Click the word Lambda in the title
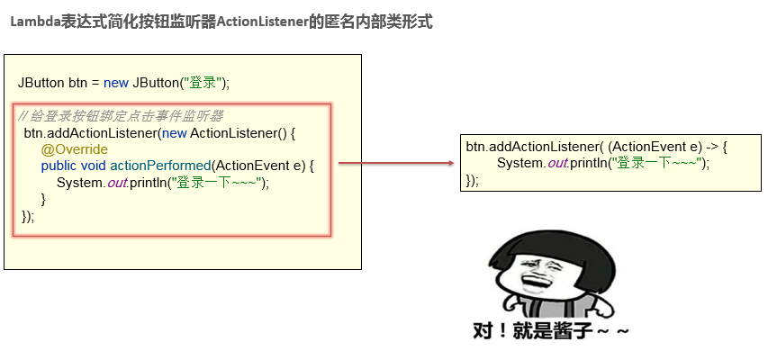tap(35, 22)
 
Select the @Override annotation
tap(75, 149)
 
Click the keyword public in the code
tap(59, 166)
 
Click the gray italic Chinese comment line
tap(121, 116)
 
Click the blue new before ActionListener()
tap(175, 133)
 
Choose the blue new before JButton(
tap(116, 83)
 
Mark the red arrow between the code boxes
tap(397, 163)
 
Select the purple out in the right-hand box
tap(558, 163)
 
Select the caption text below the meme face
tap(550, 331)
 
